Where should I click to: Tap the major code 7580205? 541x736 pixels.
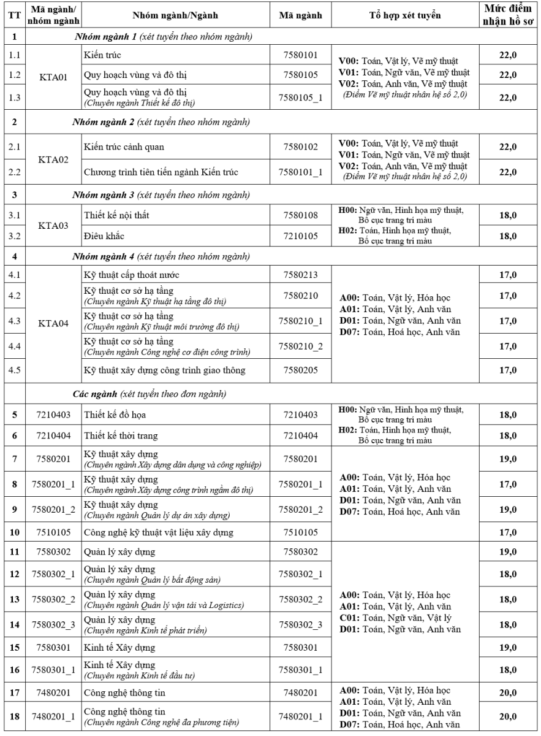tap(298, 370)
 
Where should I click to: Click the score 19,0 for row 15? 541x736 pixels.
tap(505, 647)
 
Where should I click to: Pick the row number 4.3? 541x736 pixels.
tap(13, 321)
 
